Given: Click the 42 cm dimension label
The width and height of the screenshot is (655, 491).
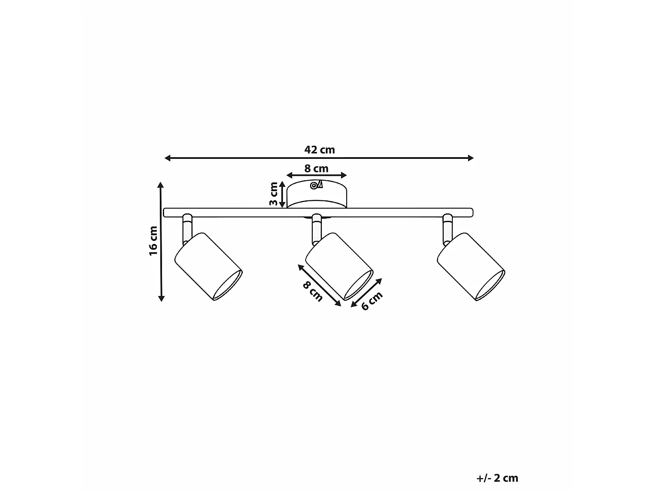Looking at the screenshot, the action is pos(320,150).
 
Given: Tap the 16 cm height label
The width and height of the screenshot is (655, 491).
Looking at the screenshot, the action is pos(153,241).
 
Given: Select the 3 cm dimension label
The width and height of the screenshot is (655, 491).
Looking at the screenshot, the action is pos(273,194).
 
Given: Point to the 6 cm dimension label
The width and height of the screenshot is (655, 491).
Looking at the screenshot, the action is pos(372,301).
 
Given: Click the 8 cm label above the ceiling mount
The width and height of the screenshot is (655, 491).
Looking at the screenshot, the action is pos(316,169).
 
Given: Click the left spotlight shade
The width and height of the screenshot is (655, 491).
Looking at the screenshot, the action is pos(208,267).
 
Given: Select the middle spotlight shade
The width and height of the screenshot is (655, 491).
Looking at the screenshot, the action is pos(339,267).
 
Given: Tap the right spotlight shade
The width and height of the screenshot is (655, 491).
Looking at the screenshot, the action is pos(471,267).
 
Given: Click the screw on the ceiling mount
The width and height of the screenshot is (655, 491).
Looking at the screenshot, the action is pos(314,186).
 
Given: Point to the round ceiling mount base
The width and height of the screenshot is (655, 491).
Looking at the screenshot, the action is pos(317,194).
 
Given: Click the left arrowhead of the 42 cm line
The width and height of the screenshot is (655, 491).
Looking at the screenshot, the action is pos(167,158).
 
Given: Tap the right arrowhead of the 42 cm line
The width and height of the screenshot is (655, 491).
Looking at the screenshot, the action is pos(471,158).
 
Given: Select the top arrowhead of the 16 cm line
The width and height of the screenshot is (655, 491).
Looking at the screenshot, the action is pos(161,185).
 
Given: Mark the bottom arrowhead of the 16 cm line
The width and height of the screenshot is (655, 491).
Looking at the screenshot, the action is pos(161,299).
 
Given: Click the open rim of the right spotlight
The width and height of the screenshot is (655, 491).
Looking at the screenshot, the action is pos(490,285).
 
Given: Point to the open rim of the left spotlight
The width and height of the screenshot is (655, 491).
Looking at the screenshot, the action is pos(228,285).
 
